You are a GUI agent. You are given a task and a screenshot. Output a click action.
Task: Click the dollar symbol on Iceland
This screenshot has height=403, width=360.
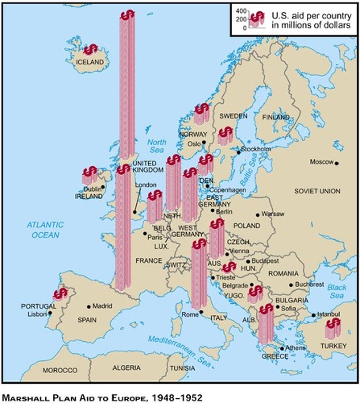90,50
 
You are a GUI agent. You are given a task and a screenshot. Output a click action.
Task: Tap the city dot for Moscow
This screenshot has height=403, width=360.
336,163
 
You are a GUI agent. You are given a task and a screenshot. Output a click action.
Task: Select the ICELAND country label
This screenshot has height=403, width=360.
90,62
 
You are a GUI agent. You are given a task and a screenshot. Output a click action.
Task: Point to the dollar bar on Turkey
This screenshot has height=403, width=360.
333,329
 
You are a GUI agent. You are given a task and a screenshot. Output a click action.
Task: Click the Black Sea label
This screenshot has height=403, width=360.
336,292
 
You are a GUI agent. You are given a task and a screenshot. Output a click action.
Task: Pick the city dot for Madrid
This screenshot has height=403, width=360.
89,307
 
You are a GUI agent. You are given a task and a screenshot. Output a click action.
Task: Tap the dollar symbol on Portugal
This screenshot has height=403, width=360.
61,293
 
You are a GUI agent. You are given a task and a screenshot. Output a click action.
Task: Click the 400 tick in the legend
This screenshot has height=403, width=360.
241,11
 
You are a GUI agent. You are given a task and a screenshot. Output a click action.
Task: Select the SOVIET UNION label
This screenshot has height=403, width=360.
317,191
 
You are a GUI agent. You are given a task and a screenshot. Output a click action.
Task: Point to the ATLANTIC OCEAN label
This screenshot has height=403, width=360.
45,230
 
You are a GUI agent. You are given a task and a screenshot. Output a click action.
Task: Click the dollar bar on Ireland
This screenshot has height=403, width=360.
90,175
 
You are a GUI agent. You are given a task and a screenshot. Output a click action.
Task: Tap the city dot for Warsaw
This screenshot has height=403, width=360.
258,215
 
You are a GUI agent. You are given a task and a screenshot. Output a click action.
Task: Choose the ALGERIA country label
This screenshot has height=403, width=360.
127,368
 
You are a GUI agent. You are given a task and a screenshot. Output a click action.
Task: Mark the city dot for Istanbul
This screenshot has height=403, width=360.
313,315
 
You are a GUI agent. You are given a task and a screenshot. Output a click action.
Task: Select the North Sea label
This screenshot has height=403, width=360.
156,146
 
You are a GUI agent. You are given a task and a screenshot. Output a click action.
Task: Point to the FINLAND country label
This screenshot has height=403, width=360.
276,117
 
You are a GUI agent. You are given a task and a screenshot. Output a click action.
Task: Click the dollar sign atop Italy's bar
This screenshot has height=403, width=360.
199,244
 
